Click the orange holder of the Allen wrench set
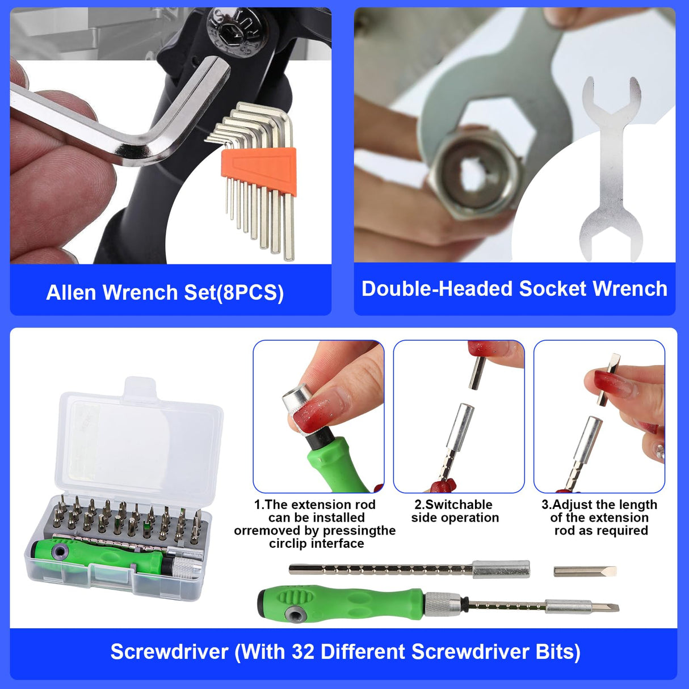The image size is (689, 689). (x=259, y=171)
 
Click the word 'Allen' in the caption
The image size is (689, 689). (x=71, y=293)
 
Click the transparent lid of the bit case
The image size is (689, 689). (x=139, y=443)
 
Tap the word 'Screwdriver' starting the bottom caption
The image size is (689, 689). (x=169, y=652)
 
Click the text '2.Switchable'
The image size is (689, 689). (x=453, y=505)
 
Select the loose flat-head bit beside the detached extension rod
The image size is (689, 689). (x=585, y=571)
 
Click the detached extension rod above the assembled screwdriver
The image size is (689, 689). (x=409, y=569)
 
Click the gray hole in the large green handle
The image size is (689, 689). (x=294, y=612)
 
